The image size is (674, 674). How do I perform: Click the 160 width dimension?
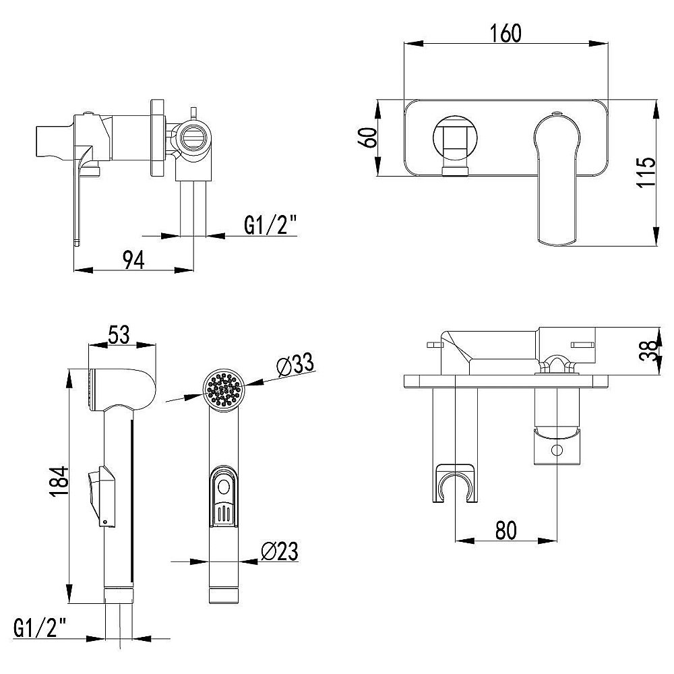click(x=506, y=34)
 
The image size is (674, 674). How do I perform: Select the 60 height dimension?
click(x=369, y=137)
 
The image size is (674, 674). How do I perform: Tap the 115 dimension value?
click(x=646, y=172)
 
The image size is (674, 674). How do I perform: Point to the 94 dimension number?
click(x=133, y=260)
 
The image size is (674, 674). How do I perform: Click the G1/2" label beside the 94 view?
click(x=271, y=225)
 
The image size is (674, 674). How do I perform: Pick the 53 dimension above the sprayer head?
click(x=119, y=335)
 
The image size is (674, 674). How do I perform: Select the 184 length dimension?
click(x=59, y=481)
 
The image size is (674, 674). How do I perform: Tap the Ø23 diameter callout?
click(x=280, y=551)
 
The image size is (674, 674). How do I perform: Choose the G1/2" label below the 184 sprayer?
click(x=40, y=628)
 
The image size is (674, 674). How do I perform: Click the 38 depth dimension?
click(x=648, y=350)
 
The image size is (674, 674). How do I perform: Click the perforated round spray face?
click(x=223, y=390)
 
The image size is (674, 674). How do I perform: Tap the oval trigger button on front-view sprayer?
click(x=224, y=487)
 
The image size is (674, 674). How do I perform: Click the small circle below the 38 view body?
click(x=557, y=450)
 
